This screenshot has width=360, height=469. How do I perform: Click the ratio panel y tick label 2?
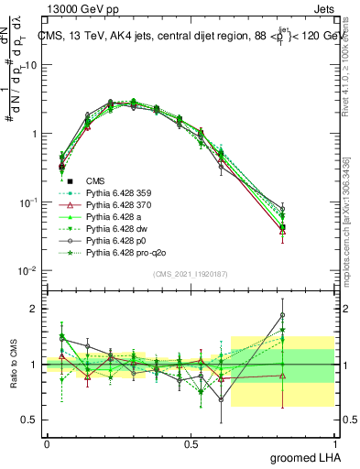click(x=35, y=309)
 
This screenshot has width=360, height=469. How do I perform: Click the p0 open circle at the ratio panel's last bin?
click(x=283, y=315)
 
